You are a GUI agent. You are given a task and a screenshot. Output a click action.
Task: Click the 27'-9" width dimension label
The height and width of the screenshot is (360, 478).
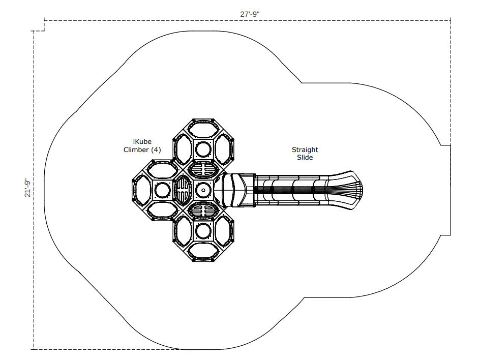coord(250,14)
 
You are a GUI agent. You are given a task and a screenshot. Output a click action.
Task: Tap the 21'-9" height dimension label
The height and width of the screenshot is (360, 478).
coord(28,188)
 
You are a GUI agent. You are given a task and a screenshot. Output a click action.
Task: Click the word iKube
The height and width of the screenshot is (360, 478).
coord(142,142)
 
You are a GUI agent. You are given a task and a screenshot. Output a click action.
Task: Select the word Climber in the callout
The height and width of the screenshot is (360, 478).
coord(136,149)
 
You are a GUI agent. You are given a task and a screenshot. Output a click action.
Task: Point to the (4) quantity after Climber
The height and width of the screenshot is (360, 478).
coord(156,149)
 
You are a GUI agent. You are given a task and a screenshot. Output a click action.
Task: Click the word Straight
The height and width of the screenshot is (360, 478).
coord(305,149)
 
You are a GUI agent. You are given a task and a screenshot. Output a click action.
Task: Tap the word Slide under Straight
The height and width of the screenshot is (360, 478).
coord(305,157)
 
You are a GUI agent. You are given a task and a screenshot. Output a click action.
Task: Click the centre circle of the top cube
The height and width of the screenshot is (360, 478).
coord(203,149)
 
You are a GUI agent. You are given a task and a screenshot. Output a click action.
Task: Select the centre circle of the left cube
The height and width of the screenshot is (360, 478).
coord(163,190)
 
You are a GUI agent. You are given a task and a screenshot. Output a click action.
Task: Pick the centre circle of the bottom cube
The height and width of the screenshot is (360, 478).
coord(203,231)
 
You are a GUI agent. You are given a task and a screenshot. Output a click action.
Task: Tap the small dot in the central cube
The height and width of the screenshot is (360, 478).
coord(203,190)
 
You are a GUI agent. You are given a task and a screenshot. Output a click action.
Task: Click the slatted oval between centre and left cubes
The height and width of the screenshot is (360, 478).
coord(183,190)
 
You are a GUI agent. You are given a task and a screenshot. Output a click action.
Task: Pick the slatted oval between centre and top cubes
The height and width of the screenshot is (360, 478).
coord(203,170)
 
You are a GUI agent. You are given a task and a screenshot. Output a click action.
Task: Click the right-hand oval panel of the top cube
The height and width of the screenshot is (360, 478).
coord(224,149)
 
